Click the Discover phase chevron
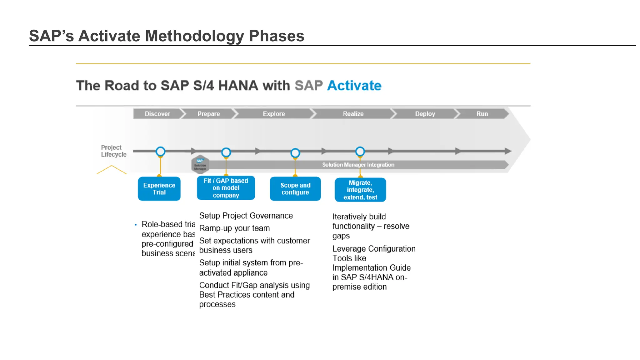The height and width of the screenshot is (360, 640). (157, 114)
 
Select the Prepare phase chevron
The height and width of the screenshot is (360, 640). (208, 114)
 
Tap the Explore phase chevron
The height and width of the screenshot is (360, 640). (274, 114)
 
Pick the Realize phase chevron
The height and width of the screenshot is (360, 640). (353, 114)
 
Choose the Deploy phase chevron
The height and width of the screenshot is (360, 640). (425, 114)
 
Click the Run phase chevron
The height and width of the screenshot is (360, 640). (482, 114)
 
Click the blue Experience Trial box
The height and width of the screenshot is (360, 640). (159, 189)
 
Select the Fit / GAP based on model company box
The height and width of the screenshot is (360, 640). (226, 188)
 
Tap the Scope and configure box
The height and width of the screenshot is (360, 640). (295, 189)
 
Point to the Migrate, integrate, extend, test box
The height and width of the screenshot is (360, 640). (360, 190)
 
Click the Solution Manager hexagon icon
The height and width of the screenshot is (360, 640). (200, 164)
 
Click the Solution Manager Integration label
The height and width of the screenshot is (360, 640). (358, 165)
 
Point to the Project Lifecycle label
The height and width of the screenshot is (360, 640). (113, 151)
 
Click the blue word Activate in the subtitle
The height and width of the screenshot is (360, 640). (354, 86)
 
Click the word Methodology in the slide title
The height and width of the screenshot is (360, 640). (194, 36)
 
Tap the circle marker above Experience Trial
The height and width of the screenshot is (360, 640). (160, 152)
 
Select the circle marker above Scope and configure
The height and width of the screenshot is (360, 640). (295, 153)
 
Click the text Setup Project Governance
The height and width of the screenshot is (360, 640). (246, 216)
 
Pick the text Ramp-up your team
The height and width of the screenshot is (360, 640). (234, 228)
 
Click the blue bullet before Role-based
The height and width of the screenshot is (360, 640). (136, 225)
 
